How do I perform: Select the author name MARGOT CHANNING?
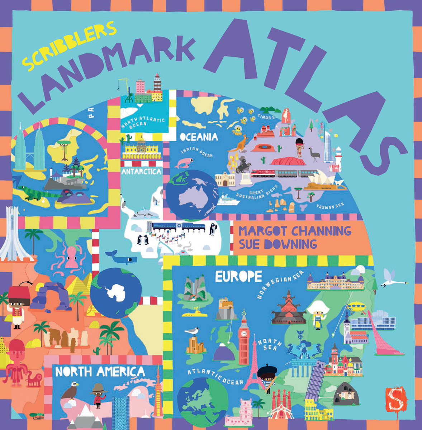295,231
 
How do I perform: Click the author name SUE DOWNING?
278,244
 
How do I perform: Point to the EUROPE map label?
238,276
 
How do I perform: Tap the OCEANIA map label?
199,137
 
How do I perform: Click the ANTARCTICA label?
141,172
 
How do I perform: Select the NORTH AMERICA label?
100,372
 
